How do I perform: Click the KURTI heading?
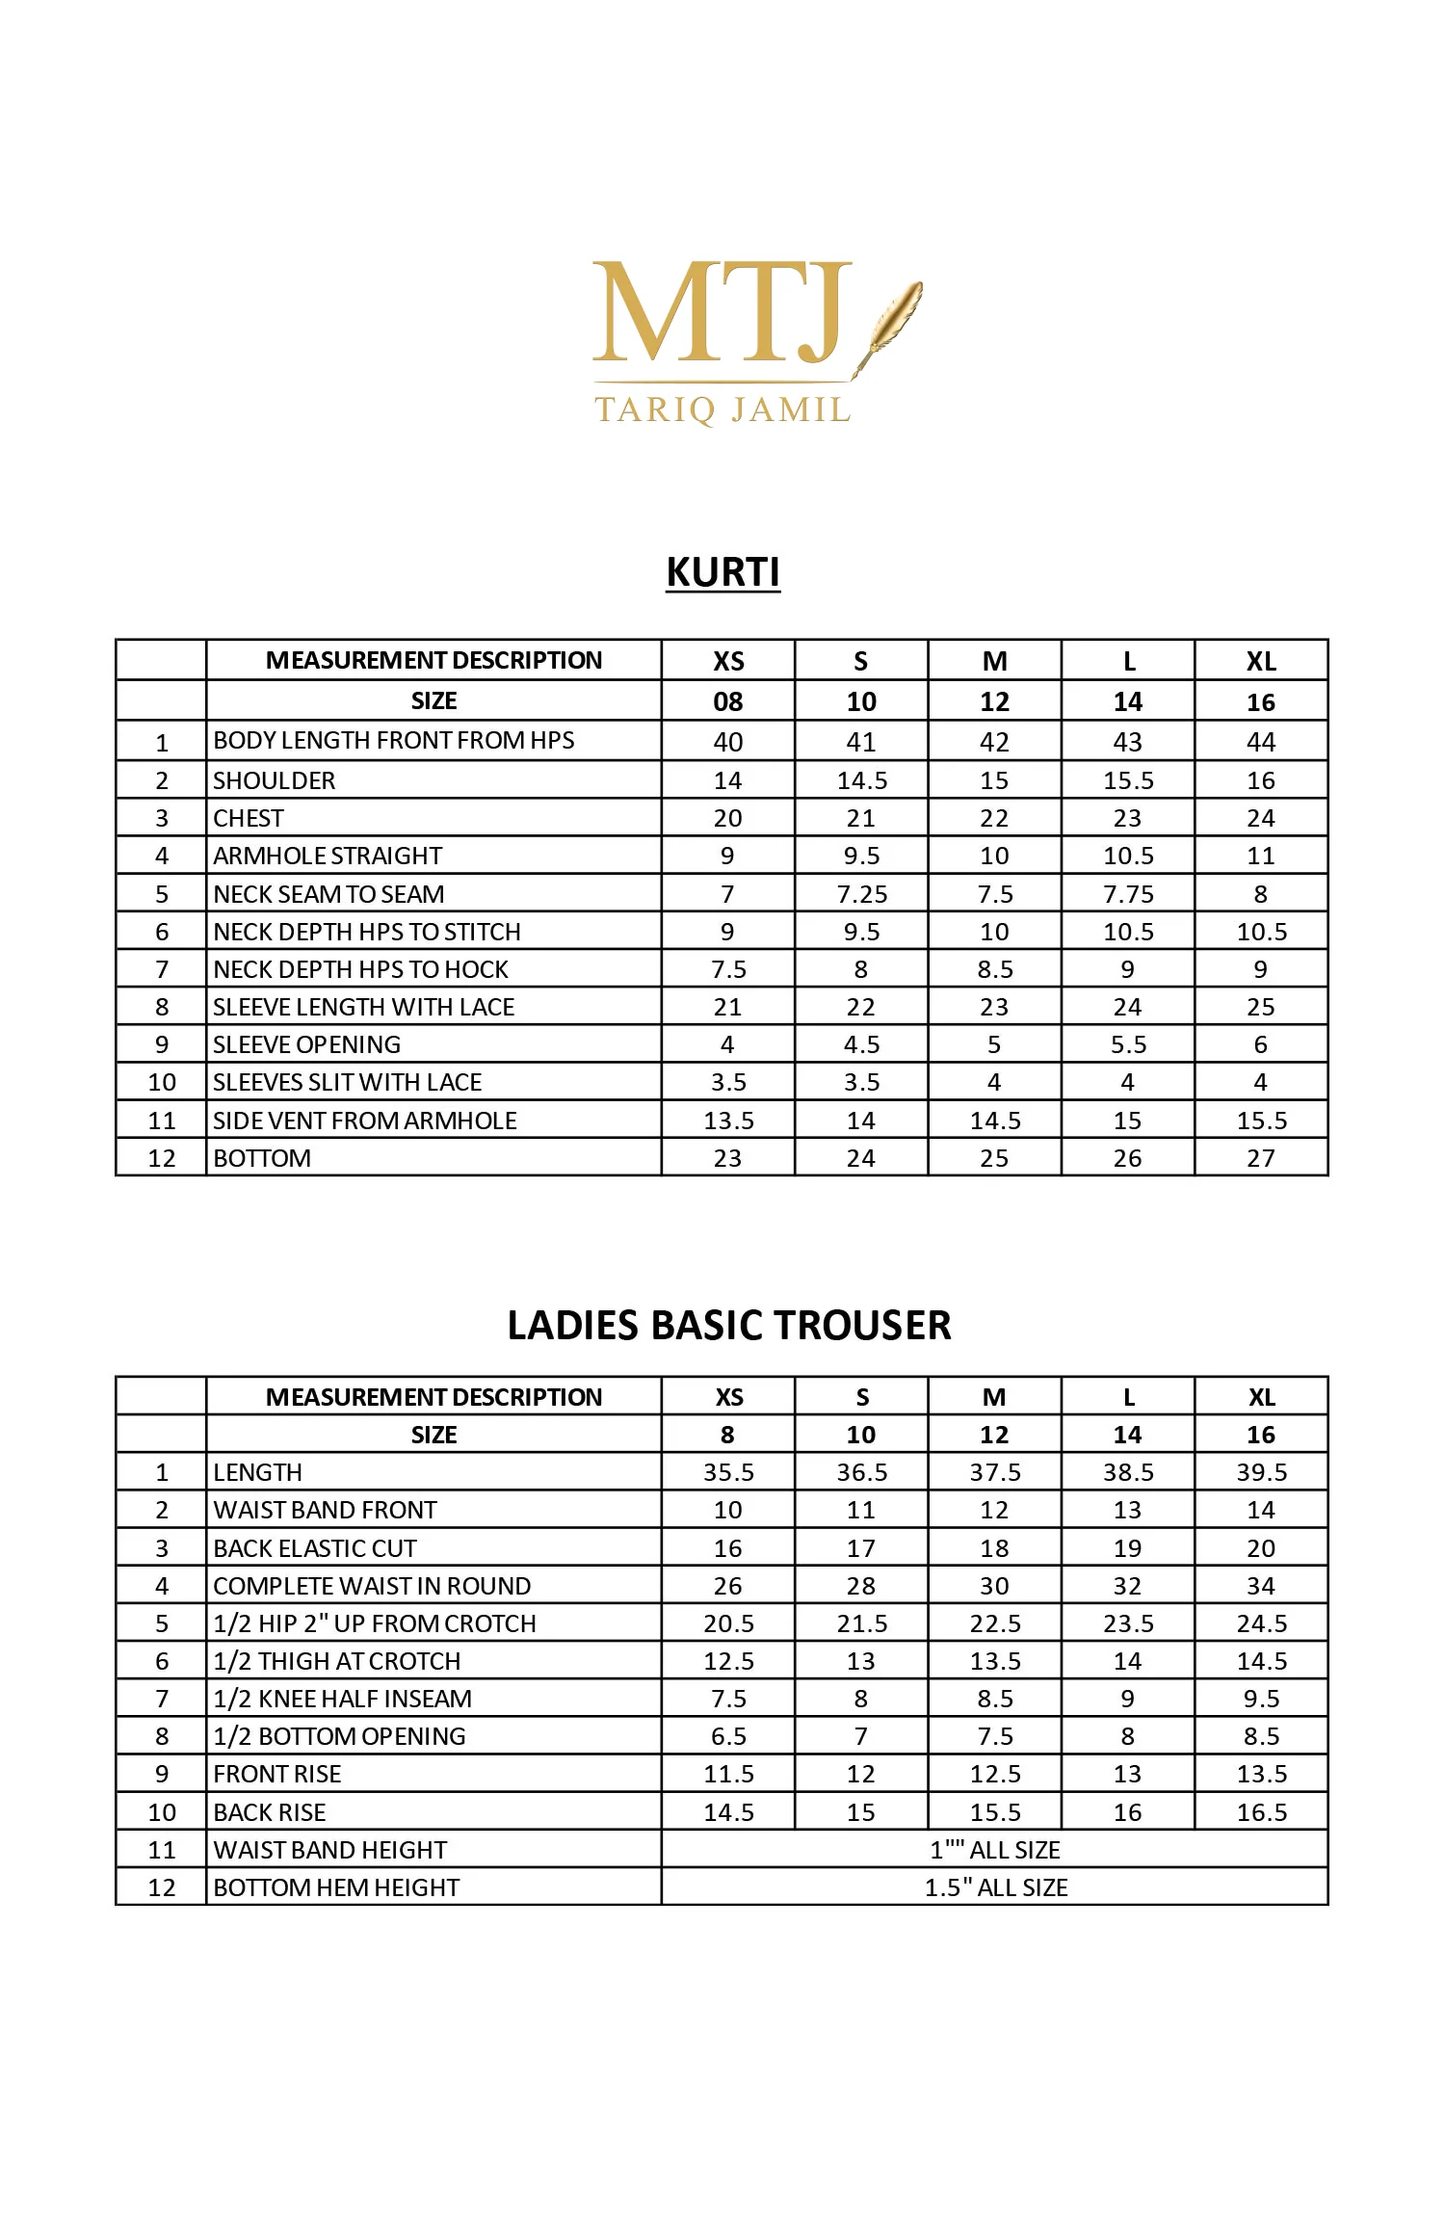[722, 572]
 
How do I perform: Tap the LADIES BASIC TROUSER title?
[728, 1326]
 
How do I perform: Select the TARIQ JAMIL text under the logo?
[722, 410]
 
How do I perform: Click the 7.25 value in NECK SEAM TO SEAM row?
[861, 894]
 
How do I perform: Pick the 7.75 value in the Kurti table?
[1128, 894]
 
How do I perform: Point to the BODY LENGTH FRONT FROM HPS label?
[393, 741]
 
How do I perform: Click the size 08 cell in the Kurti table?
[727, 701]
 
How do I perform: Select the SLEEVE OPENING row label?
[306, 1044]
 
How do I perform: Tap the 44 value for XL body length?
[1260, 742]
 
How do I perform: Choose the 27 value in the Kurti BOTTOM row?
[1260, 1158]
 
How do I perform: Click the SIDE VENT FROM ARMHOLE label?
[364, 1121]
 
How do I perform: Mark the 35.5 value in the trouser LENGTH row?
[728, 1472]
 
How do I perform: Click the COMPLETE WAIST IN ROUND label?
[372, 1586]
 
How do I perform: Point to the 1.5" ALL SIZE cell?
[995, 1887]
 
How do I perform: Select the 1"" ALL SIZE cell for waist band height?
[995, 1850]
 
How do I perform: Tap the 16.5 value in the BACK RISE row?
[1261, 1812]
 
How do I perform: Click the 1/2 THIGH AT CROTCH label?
[336, 1661]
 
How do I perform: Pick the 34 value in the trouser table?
[1260, 1586]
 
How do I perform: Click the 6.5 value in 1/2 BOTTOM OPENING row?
[728, 1736]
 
